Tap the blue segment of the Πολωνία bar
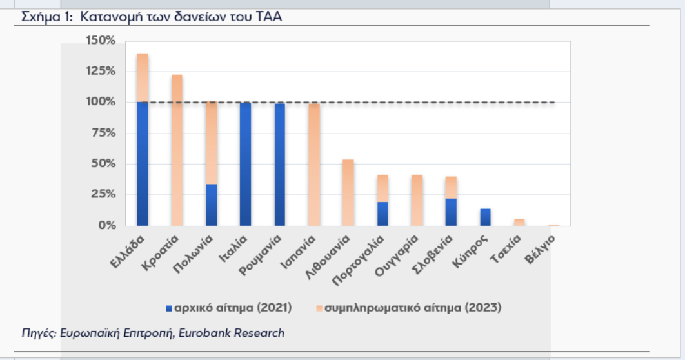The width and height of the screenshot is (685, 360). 211,205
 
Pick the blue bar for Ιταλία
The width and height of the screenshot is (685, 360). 245,164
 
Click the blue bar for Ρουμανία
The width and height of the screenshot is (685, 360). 279,165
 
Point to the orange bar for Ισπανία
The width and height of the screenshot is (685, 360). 313,165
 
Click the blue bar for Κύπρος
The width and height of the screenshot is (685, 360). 485,217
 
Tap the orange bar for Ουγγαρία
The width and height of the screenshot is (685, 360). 417,200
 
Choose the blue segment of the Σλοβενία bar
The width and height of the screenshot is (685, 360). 451,212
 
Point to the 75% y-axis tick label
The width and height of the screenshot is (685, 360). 103,133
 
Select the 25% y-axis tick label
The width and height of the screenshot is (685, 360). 103,194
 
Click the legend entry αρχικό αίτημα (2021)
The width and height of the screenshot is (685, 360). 233,308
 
